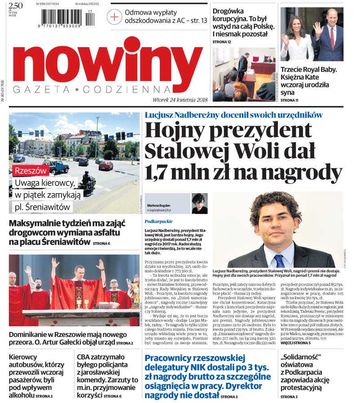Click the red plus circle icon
coord(114,17)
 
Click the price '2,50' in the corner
coord(16,5)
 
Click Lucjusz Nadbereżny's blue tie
coord(279,260)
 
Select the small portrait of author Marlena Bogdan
coord(199,203)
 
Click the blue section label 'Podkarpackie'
coord(158,221)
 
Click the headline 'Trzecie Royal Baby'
coord(308,70)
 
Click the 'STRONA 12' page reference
coord(222,42)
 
